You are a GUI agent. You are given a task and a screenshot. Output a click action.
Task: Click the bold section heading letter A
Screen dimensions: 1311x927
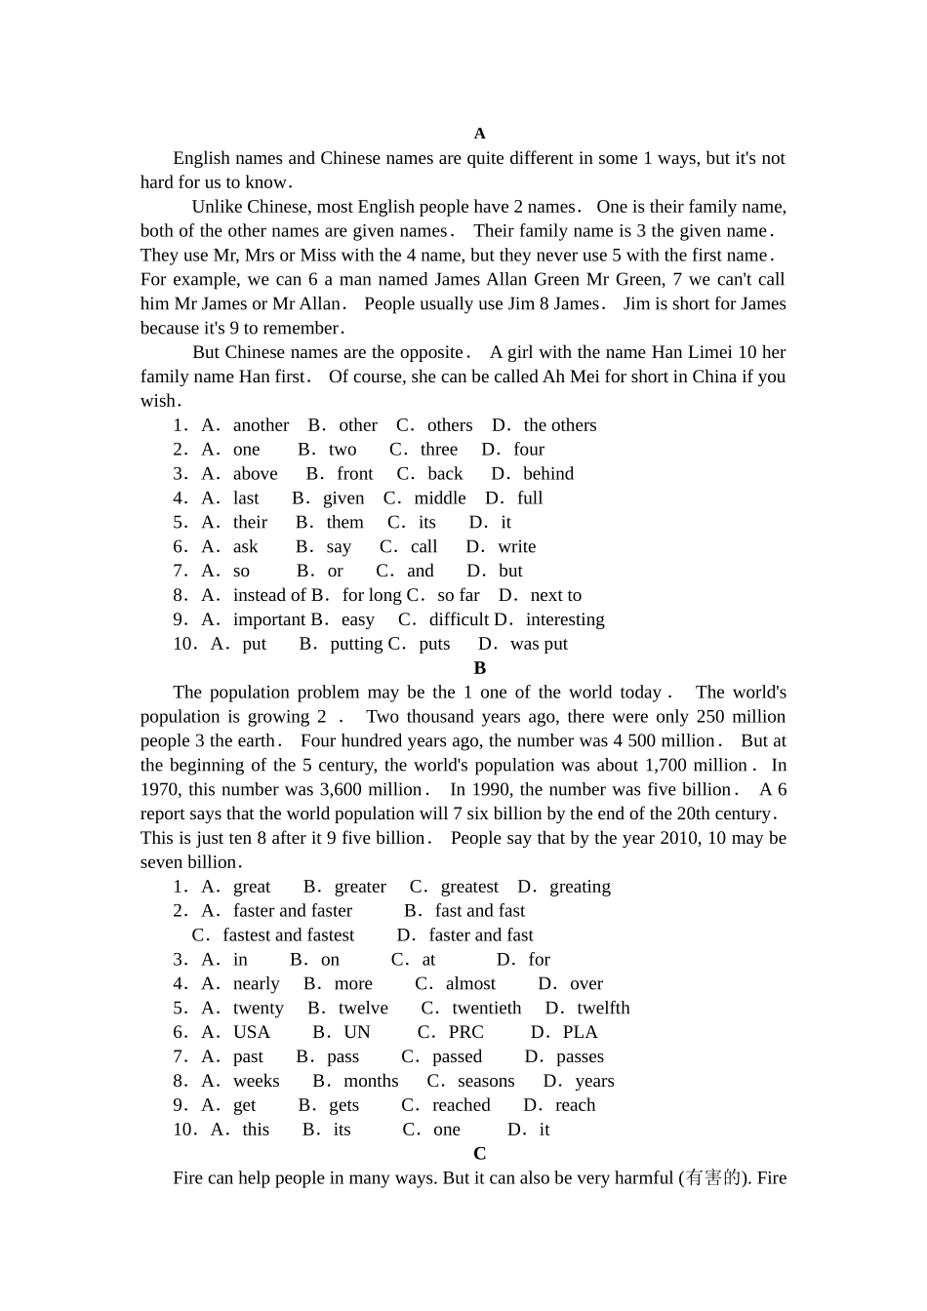click(479, 134)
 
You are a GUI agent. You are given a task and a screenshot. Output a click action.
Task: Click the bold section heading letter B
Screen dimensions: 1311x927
click(479, 668)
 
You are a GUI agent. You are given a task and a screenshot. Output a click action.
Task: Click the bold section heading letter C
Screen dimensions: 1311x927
click(479, 1154)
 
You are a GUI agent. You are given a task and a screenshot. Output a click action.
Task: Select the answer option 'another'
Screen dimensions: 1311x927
click(261, 425)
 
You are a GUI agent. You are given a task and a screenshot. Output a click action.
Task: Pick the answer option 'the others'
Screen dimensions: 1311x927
click(559, 425)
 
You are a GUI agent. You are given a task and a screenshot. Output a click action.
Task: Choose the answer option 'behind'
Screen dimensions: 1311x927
click(548, 474)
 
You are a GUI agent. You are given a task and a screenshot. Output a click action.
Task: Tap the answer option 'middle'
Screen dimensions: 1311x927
click(440, 498)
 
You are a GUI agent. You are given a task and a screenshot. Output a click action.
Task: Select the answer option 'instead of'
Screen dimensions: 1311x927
click(269, 595)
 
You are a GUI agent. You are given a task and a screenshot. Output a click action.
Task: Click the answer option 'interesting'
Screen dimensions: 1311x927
click(565, 619)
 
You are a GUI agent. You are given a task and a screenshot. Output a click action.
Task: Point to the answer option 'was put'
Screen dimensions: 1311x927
click(539, 644)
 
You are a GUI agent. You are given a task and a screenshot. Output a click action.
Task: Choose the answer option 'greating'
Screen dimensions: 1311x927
click(580, 887)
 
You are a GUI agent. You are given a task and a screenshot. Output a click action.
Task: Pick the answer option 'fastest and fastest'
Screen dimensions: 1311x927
click(288, 935)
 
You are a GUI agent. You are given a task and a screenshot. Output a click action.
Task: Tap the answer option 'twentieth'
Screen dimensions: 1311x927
click(486, 1009)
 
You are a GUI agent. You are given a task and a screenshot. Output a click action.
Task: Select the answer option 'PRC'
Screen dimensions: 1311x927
click(465, 1032)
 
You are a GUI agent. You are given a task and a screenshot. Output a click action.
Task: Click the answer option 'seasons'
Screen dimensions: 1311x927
click(485, 1081)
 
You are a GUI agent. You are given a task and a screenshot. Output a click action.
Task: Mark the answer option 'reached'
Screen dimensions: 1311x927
click(461, 1105)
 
